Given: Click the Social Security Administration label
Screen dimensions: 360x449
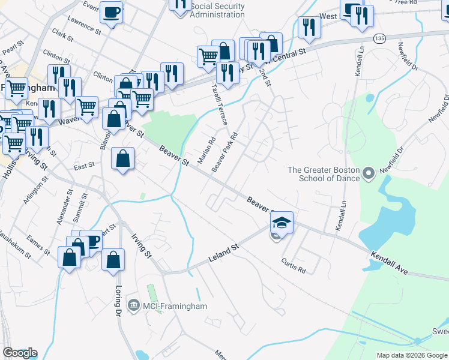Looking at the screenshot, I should [217, 10].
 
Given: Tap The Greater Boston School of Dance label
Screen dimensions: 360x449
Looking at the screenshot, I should [324, 174].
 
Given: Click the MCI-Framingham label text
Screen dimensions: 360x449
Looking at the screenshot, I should [175, 307].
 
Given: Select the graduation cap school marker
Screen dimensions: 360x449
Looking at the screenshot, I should [282, 223].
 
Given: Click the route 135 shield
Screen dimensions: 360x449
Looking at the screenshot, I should [379, 38].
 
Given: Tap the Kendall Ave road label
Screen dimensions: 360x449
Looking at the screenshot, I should [389, 263].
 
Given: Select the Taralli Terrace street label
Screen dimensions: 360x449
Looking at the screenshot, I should [219, 104].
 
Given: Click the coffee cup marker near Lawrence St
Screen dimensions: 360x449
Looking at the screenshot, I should [111, 13].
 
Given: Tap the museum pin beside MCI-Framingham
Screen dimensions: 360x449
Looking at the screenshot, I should [133, 307].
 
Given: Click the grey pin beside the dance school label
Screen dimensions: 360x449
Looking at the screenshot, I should [369, 174].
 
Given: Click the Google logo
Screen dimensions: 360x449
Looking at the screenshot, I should [20, 353].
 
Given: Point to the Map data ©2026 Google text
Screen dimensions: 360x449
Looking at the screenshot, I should [412, 355].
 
